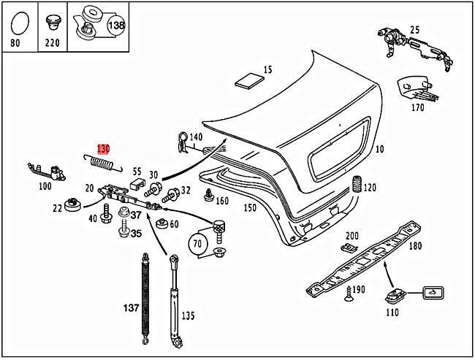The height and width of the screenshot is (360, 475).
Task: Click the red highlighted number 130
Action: pyautogui.click(x=102, y=147)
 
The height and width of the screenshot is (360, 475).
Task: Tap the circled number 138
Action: pyautogui.click(x=116, y=25)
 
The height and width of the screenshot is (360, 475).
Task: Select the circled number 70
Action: pyautogui.click(x=197, y=242)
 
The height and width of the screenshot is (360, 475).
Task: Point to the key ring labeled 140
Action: pyautogui.click(x=181, y=140)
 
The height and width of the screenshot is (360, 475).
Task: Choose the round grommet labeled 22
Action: pyautogui.click(x=72, y=204)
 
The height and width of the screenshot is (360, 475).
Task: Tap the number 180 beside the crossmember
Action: pyautogui.click(x=415, y=246)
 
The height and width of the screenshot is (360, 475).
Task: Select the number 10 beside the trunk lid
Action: pyautogui.click(x=379, y=150)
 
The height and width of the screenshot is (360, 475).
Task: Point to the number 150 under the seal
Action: pyautogui.click(x=250, y=208)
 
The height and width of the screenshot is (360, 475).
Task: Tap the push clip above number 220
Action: pyautogui.click(x=52, y=21)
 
